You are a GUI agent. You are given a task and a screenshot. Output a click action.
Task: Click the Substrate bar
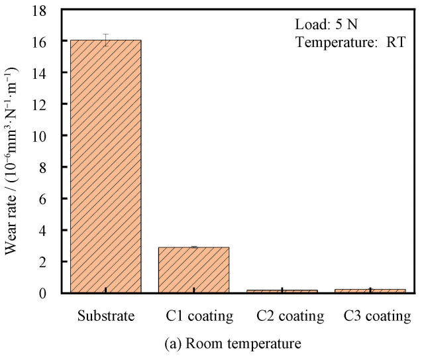click(x=106, y=166)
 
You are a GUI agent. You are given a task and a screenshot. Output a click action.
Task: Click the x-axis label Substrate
click(x=106, y=315)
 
